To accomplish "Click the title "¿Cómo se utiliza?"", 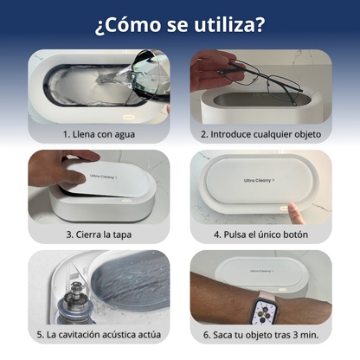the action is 180,25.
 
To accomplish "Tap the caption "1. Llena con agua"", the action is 99,134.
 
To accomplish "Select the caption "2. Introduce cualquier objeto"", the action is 261,134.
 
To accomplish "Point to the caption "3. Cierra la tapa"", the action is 99,235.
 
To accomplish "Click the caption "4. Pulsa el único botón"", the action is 261,235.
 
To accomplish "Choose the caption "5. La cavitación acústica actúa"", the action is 99,335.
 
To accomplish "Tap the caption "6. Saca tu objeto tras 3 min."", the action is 261,335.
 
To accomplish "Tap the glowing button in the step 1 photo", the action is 129,118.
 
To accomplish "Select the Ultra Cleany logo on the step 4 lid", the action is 259,180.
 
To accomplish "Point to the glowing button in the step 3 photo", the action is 126,201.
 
